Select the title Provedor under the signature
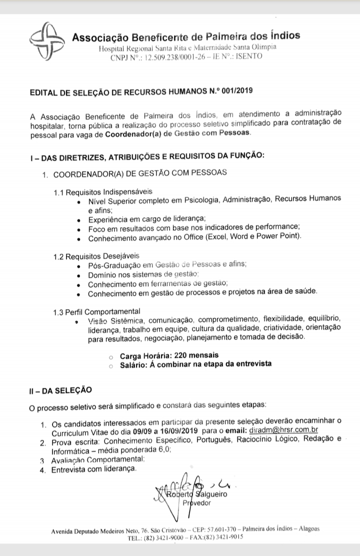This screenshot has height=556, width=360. (198, 503)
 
